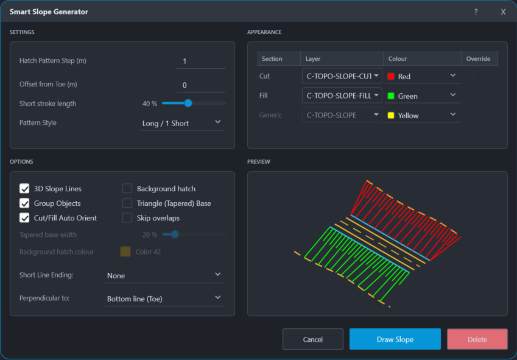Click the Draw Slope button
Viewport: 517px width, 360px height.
(x=395, y=339)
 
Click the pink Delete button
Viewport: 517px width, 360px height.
(x=477, y=339)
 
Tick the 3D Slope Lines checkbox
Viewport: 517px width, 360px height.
(x=24, y=189)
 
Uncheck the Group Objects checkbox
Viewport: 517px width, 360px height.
(x=24, y=203)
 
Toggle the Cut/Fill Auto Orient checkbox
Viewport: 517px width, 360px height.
(x=24, y=217)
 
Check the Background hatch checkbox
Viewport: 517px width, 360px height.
(x=127, y=189)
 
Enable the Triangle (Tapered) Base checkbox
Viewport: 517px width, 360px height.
(x=127, y=203)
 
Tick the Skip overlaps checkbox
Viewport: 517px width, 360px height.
(x=127, y=217)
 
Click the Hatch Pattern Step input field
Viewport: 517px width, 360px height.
(x=201, y=62)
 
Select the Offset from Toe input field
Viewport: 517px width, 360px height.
(x=201, y=85)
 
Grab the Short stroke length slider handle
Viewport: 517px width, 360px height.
(x=188, y=103)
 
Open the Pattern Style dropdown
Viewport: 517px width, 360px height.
(x=183, y=123)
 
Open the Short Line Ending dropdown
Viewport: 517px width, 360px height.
(x=165, y=275)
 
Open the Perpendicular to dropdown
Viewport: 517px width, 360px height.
(x=165, y=298)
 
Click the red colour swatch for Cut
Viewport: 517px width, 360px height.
(x=391, y=77)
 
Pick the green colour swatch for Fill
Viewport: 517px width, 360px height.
(x=391, y=96)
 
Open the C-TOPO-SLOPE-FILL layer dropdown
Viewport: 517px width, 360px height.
(x=342, y=96)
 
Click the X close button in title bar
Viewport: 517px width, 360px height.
(x=503, y=12)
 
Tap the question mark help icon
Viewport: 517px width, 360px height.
(x=476, y=12)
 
